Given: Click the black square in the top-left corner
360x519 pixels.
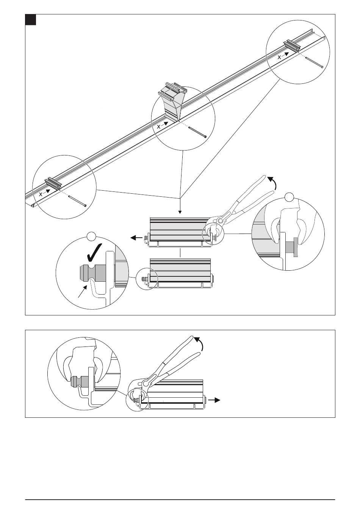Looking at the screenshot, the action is tap(31, 20).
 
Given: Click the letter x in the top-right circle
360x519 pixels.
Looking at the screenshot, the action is tap(279, 57).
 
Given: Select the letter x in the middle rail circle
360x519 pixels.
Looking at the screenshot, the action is tap(159, 127).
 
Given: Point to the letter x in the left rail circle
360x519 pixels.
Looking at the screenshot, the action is tap(41, 194).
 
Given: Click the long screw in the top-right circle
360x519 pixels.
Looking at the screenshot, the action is tap(314, 62).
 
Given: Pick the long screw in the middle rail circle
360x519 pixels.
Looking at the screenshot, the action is tap(197, 132).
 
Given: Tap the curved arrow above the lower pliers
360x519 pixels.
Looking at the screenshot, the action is tap(199, 344).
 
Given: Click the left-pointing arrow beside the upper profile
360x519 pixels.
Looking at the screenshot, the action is tap(136, 238).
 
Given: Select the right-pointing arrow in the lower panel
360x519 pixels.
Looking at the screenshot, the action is tap(214, 400).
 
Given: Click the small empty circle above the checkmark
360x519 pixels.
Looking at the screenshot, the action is tap(91, 236).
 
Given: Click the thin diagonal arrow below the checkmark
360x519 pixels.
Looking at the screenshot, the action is tap(83, 291).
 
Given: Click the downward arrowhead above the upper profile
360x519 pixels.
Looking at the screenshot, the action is tap(180, 212).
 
